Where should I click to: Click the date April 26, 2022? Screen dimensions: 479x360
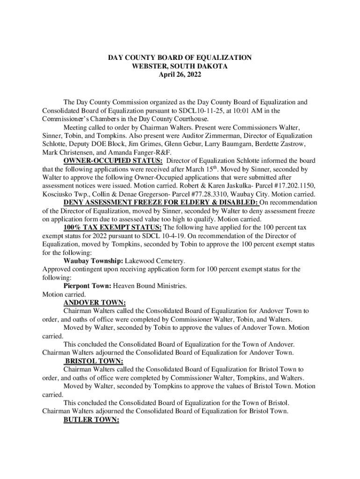180,74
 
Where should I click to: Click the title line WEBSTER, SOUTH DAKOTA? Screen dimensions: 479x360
180,66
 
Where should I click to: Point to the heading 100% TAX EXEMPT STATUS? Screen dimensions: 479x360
113,227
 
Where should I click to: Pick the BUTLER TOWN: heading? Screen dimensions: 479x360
91,420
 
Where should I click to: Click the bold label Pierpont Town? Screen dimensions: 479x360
87,286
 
